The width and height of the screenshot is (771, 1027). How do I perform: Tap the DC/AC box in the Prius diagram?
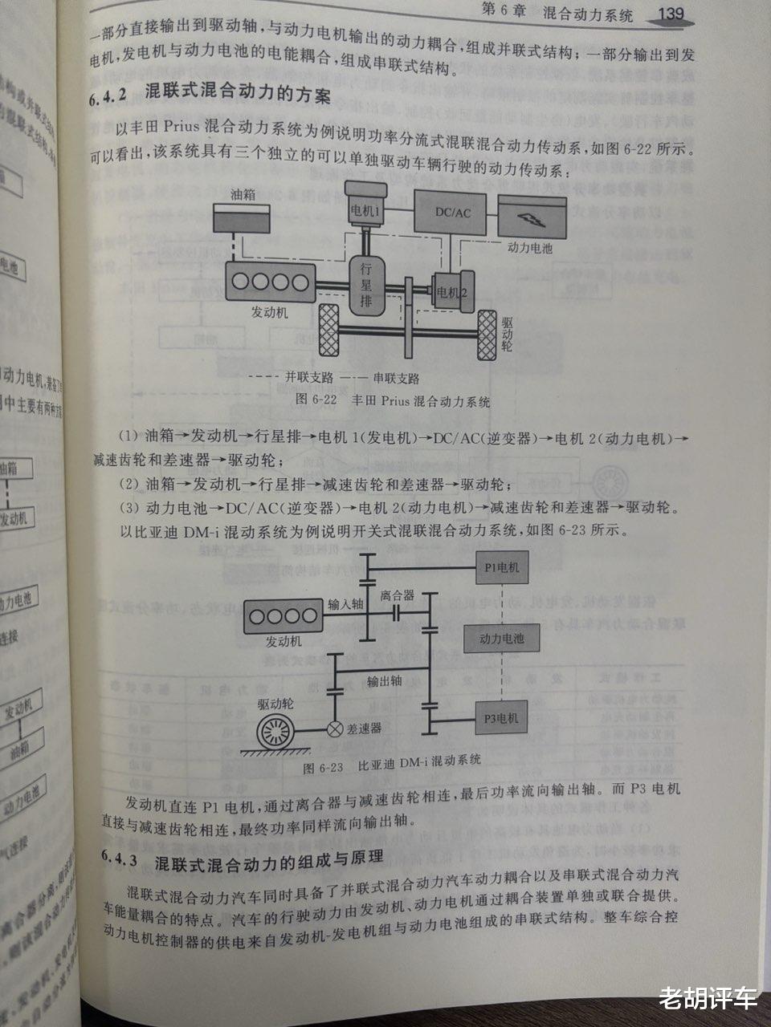(451, 213)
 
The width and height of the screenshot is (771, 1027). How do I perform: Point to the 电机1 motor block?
(365, 206)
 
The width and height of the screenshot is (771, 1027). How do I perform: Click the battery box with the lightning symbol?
(530, 216)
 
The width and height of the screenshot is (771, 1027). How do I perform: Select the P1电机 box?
(501, 568)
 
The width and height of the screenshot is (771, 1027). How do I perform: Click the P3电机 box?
(501, 717)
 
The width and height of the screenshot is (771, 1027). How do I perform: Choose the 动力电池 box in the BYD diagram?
(501, 639)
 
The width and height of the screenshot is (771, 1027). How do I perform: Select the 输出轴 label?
(384, 681)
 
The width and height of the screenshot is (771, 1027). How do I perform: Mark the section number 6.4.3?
(121, 861)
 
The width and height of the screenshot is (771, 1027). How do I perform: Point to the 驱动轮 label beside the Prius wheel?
(507, 335)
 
